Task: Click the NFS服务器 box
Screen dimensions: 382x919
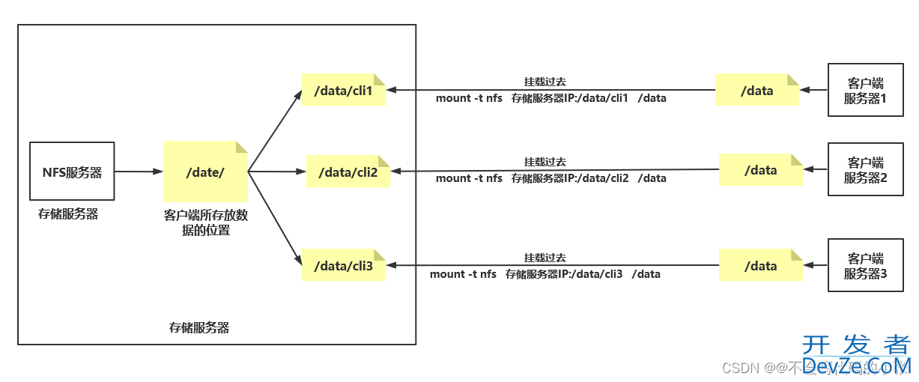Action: click(71, 172)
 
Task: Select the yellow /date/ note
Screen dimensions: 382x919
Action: click(205, 172)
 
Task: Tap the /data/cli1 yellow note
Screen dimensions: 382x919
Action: click(343, 91)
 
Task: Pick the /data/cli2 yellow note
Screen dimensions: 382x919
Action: click(348, 172)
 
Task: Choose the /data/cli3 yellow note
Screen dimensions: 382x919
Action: click(343, 265)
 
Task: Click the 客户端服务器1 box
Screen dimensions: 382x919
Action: click(865, 91)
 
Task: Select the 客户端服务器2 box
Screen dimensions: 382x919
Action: click(865, 170)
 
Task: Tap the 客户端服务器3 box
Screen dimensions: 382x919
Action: click(865, 266)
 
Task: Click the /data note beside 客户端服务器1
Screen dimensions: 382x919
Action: click(756, 91)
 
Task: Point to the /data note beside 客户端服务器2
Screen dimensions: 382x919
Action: click(760, 170)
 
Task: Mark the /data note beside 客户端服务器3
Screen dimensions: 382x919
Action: click(760, 266)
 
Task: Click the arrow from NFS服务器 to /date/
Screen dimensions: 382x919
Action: click(139, 172)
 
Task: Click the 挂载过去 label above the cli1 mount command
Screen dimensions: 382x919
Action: click(545, 82)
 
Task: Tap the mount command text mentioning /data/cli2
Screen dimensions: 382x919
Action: click(551, 178)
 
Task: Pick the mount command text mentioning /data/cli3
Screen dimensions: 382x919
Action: click(545, 274)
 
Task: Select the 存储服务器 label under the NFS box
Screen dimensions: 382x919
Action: click(68, 214)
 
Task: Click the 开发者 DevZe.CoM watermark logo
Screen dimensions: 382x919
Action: click(856, 355)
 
